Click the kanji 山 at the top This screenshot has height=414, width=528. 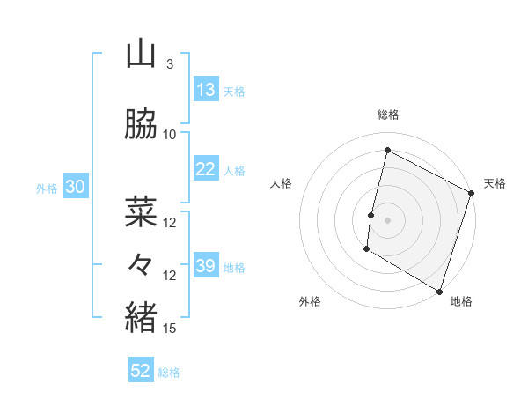point(141,54)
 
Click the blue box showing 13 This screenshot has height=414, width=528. point(206,89)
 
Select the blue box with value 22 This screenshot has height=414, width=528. point(206,170)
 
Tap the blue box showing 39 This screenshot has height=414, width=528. point(206,266)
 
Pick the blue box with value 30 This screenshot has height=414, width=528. point(75,187)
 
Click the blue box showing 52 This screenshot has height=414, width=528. point(141,371)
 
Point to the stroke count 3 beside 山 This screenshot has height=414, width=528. point(169,64)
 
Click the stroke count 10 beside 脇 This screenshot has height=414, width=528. point(169,135)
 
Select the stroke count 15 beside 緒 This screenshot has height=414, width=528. point(169,329)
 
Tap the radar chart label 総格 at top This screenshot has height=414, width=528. point(387,115)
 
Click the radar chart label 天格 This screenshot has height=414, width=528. point(495,183)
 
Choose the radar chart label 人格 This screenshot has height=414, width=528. point(281,183)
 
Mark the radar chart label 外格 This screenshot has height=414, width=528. point(310,301)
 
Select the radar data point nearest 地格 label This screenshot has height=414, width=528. point(438,291)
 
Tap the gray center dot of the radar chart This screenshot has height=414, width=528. point(387,219)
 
